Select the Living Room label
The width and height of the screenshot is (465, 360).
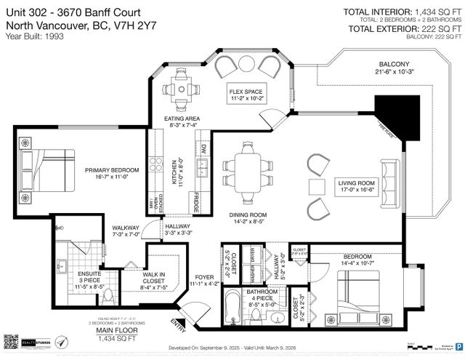(355, 186)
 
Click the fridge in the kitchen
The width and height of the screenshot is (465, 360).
(196, 203)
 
